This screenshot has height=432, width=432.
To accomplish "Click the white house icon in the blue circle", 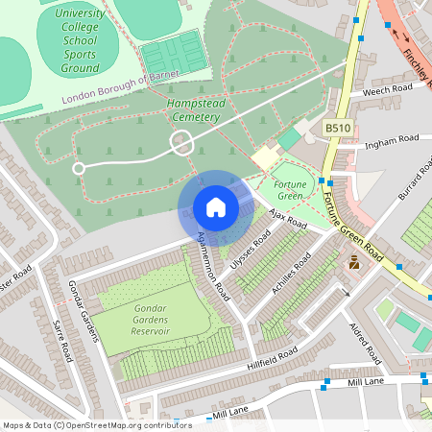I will click(215, 206).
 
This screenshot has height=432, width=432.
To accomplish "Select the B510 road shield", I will click(338, 128).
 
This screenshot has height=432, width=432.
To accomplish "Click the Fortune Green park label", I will click(289, 189).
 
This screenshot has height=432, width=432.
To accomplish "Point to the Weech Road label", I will click(388, 89).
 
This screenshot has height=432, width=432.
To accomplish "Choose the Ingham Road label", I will click(386, 142).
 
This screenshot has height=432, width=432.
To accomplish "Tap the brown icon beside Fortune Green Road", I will click(353, 262).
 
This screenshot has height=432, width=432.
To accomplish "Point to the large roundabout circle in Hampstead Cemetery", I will click(181, 144).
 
